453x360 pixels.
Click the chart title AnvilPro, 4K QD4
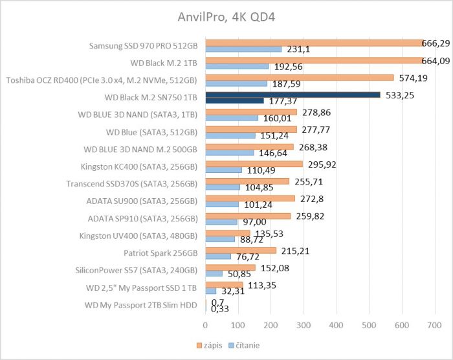[226, 15]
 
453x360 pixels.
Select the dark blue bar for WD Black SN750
[293, 95]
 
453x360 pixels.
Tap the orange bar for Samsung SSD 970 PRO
[317, 43]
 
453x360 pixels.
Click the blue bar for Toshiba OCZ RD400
[236, 83]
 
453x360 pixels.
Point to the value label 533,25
[402, 95]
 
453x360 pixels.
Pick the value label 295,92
[324, 164]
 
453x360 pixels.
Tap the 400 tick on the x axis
[336, 325]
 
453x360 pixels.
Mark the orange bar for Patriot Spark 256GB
[241, 250]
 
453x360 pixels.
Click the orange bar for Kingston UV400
[228, 232]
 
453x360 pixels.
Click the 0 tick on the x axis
[206, 325]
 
